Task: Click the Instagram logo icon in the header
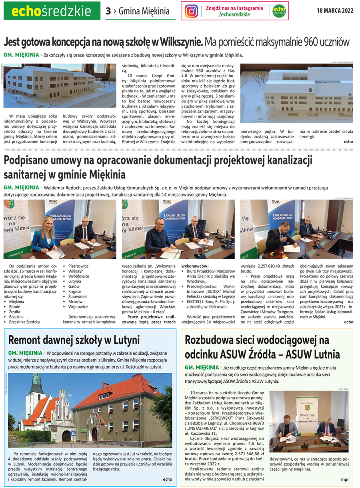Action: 191,11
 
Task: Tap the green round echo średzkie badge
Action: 279,11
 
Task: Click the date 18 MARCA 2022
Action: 335,10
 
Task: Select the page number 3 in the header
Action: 108,11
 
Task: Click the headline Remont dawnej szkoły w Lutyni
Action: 74,340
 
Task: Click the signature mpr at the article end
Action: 345,479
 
